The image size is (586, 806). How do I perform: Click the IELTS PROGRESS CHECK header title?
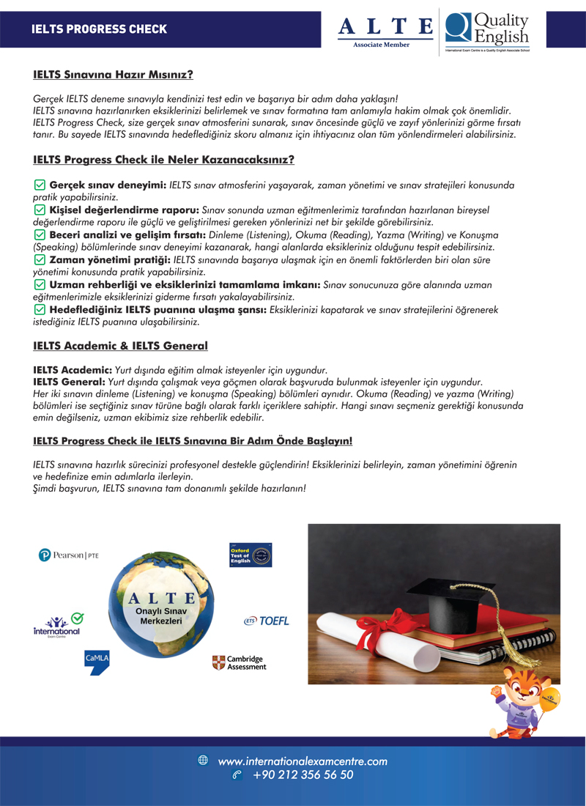pos(100,29)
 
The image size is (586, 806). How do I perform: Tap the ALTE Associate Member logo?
pos(386,30)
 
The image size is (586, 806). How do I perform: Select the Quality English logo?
pos(486,30)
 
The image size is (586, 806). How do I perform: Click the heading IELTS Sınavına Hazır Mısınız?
pos(113,74)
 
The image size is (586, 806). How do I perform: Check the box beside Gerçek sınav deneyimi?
pos(40,185)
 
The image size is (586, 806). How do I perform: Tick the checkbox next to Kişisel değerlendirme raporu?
pos(40,210)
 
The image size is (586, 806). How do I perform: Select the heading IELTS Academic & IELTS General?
pos(120,346)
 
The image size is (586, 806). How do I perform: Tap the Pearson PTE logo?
pos(68,555)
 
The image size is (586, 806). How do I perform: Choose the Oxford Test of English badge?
pos(251,555)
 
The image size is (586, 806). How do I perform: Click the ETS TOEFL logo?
pos(267,621)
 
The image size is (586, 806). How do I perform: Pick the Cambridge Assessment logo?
pos(239,662)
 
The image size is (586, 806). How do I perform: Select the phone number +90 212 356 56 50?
pos(303,774)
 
